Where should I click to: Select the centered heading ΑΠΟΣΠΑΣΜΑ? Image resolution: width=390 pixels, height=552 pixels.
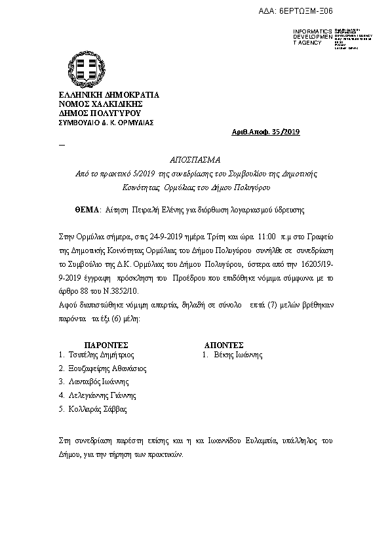tap(196, 160)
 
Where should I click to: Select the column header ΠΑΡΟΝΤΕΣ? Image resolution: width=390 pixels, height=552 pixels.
tap(106, 344)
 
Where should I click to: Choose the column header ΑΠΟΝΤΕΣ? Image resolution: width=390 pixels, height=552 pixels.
tap(224, 344)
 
